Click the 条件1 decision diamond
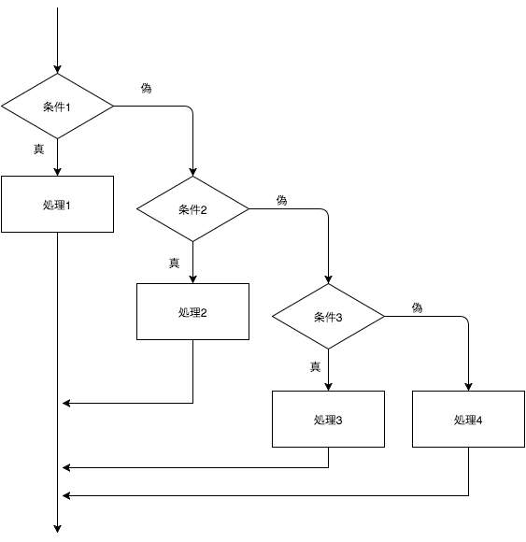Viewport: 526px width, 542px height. coord(57,107)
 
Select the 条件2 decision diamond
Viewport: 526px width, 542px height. coord(192,208)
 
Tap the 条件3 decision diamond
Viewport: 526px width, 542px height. coord(328,316)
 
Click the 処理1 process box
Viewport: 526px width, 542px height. coord(57,204)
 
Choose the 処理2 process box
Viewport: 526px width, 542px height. coord(192,312)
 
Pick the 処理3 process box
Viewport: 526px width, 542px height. coord(328,419)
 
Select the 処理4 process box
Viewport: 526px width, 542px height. coord(468,419)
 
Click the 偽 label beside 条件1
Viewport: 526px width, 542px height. coord(146,88)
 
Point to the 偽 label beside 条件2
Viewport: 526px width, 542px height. coord(281,200)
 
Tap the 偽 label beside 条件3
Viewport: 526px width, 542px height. coord(417,307)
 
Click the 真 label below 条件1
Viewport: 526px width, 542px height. coord(38,149)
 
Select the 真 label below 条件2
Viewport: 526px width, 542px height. coord(174,263)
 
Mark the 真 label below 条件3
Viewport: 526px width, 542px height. coord(315,366)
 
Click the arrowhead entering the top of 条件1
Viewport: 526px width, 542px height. coord(57,69)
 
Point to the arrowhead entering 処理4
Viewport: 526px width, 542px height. coord(468,387)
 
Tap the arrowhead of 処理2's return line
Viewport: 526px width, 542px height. coord(66,403)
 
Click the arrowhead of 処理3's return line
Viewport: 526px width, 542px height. coord(66,467)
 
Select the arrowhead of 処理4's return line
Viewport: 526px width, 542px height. coord(66,495)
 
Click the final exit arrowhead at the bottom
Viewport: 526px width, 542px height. coord(57,529)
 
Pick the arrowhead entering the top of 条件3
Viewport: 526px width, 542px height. coord(328,279)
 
